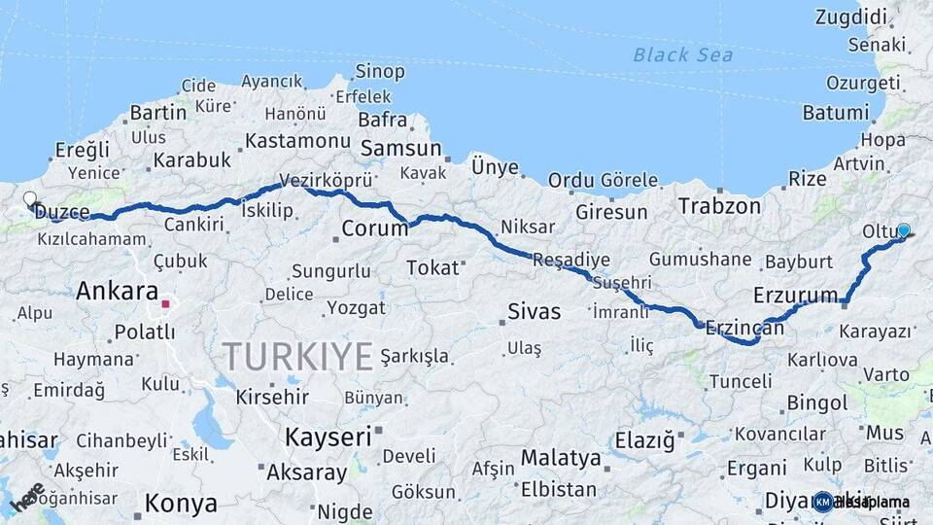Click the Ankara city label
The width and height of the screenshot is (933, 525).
(117, 291)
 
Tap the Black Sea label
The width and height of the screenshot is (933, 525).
(683, 54)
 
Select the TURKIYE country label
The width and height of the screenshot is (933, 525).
(298, 356)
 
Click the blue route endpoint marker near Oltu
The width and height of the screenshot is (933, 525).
(904, 230)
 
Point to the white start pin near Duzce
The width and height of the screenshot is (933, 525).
(30, 200)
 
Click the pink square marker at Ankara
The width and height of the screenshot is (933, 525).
(165, 303)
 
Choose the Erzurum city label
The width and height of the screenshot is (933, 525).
(795, 295)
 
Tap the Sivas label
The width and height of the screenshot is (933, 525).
(534, 312)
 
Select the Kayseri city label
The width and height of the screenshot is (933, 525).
(328, 437)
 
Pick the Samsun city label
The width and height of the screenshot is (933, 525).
(400, 149)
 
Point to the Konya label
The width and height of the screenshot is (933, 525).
(181, 504)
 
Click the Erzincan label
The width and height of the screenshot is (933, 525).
(744, 328)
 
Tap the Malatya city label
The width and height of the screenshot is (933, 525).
(561, 457)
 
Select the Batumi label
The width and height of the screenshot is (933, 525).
(836, 112)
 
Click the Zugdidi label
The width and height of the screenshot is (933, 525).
(851, 17)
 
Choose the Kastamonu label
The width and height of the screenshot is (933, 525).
(296, 140)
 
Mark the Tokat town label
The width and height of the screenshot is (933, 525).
(432, 266)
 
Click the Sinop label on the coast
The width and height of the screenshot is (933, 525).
(379, 71)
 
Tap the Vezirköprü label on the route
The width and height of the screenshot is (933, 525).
(327, 180)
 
